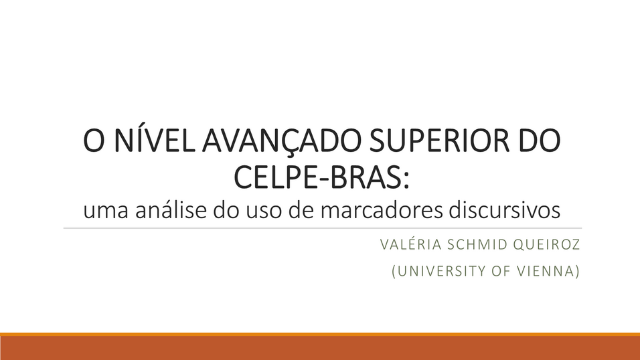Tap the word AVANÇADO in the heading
point(282,141)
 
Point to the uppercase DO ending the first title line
point(539,141)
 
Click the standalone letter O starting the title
point(94,141)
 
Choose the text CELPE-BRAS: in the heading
point(321,177)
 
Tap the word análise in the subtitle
point(171,210)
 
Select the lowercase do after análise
point(226,210)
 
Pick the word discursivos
point(505,210)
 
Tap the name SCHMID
point(477,244)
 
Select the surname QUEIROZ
point(546,244)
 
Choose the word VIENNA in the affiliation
point(548,271)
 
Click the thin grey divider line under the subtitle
point(323,228)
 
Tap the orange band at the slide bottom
point(320,347)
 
